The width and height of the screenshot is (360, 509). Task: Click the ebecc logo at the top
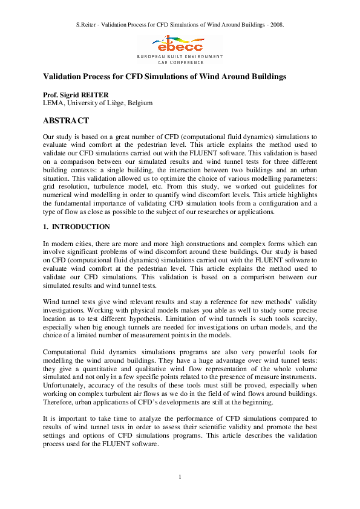click(x=180, y=43)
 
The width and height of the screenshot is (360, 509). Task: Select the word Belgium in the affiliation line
click(x=139, y=103)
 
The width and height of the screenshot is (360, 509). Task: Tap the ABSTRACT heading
click(x=66, y=121)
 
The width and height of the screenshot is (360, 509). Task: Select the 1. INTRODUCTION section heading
click(x=76, y=227)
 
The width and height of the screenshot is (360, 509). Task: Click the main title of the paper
click(x=164, y=77)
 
